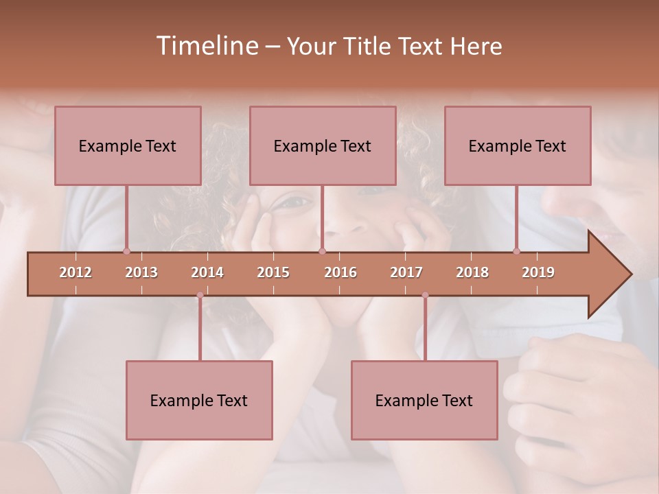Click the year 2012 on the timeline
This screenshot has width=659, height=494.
coord(76,272)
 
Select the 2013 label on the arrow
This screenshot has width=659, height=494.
coord(141,272)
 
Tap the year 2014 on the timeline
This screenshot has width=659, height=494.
coord(207,272)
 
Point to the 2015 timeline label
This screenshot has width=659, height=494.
coord(273,272)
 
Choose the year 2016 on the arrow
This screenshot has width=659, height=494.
coord(340,272)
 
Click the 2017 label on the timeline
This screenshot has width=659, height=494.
coord(406,272)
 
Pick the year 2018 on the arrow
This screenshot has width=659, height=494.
coord(472,272)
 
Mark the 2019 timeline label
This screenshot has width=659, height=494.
coord(538,272)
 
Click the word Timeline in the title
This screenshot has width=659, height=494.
coord(206,46)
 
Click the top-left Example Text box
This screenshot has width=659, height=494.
coord(128,145)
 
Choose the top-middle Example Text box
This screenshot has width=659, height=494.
coord(323,145)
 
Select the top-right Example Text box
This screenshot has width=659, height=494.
coord(518,145)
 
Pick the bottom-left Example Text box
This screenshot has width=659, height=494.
coord(199,400)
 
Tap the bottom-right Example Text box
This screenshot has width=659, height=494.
coord(424,400)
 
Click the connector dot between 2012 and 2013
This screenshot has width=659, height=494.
coord(126,251)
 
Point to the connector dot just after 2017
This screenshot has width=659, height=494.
coord(425,295)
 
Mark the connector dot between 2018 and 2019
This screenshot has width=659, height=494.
coord(516,251)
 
